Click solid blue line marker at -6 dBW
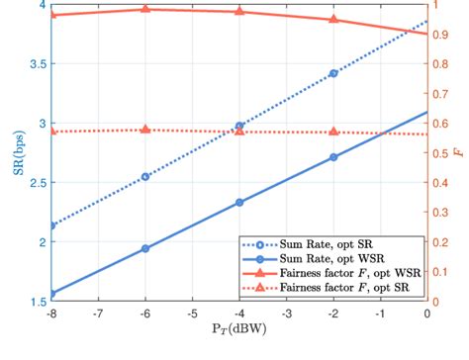click(145, 248)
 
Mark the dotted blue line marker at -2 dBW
click(333, 73)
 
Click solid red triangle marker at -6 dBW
click(145, 9)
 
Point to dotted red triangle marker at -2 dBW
click(333, 131)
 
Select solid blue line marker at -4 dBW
click(239, 202)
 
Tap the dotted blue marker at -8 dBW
click(51, 225)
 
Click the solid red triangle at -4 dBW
click(239, 11)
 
